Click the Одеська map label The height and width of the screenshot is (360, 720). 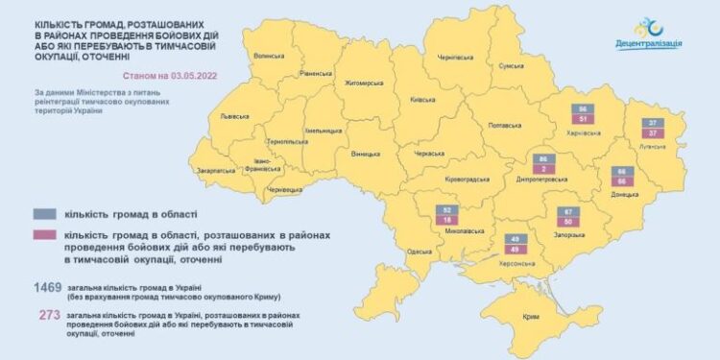tap(420, 252)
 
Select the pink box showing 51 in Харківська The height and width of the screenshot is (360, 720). tap(583, 120)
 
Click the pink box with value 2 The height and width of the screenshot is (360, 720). tap(544, 168)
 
